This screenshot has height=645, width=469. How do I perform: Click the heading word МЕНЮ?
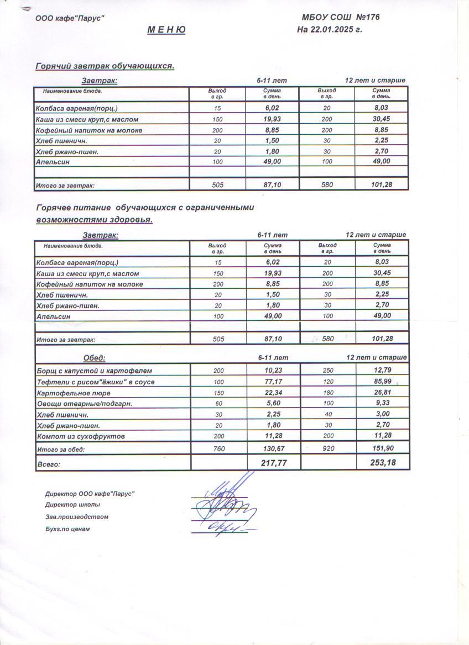[x=166, y=30]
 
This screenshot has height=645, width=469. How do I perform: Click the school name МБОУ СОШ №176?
[x=341, y=17]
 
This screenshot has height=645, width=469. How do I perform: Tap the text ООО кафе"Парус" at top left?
[x=70, y=18]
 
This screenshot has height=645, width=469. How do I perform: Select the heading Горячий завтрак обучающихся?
[x=105, y=66]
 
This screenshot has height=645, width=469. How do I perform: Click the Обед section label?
[x=94, y=358]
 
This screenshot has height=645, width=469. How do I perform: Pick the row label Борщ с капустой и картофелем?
[x=93, y=371]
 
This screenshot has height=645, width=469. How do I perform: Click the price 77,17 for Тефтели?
[x=273, y=382]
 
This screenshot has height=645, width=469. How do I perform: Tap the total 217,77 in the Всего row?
[x=273, y=463]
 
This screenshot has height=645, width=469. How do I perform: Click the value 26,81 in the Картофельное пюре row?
[x=382, y=393]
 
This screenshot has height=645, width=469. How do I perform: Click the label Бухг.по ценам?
[x=67, y=529]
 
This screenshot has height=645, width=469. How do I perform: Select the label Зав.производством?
[x=77, y=517]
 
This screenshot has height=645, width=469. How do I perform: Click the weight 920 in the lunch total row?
[x=327, y=449]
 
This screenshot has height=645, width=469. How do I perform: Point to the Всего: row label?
[x=48, y=464]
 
